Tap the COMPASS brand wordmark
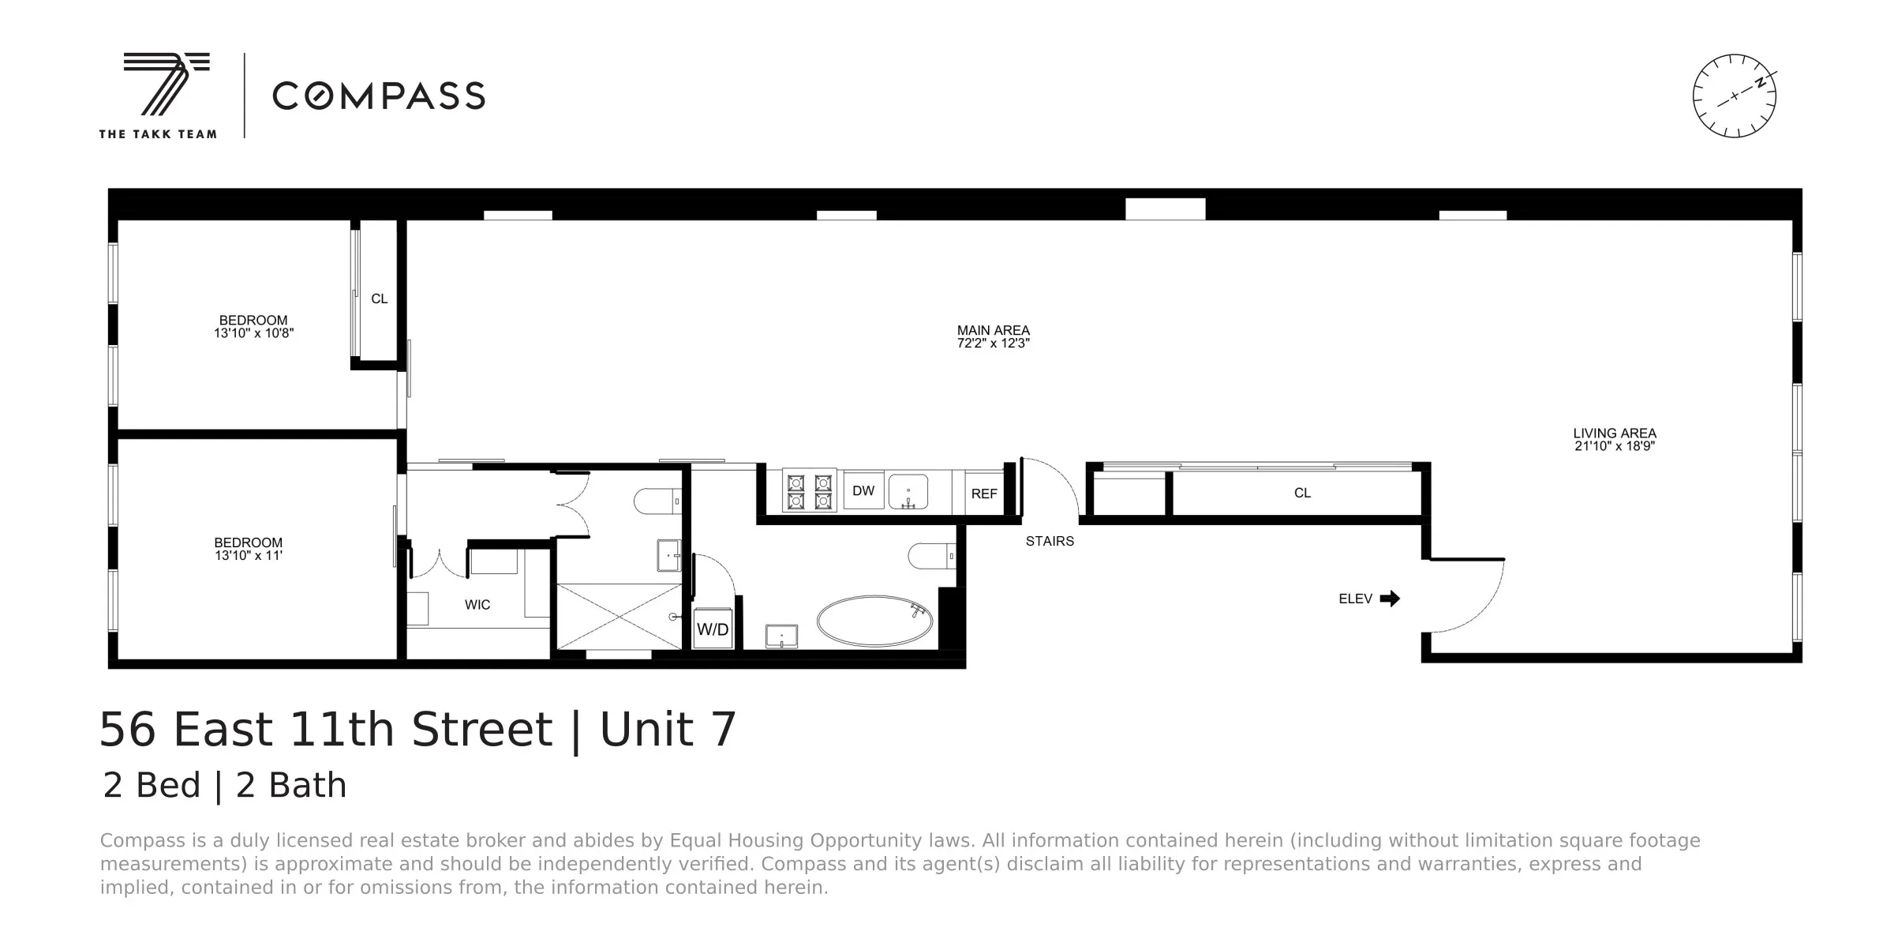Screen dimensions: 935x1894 click(x=378, y=96)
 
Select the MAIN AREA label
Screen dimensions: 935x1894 click(x=993, y=336)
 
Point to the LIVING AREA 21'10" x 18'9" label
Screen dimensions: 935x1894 click(x=1614, y=439)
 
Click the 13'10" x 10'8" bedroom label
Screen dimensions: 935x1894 click(x=253, y=326)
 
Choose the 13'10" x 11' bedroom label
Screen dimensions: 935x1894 click(x=248, y=549)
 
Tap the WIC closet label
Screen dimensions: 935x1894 click(x=477, y=605)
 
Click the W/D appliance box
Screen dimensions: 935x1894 click(x=713, y=629)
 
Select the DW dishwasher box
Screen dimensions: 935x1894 click(x=863, y=491)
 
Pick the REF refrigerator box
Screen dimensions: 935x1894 click(x=984, y=494)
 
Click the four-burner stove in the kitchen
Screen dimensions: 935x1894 click(x=809, y=491)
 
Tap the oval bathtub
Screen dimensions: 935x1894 click(x=874, y=621)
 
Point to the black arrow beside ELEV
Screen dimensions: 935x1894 click(x=1390, y=599)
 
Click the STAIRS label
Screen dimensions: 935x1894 click(x=1050, y=541)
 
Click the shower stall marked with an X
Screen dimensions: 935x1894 click(x=619, y=616)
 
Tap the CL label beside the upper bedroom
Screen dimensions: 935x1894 click(x=380, y=299)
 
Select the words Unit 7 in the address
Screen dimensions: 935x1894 click(x=668, y=729)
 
